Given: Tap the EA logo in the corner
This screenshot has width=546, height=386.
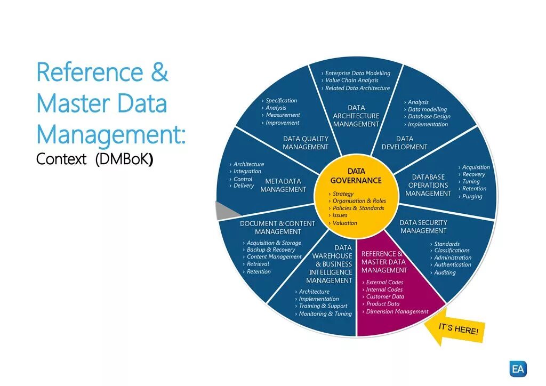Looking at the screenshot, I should coord(518,368).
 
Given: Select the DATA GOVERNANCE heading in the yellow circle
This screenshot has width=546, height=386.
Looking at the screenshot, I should coord(356,176).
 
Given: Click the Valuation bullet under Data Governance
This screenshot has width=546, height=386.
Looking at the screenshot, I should coord(345,223).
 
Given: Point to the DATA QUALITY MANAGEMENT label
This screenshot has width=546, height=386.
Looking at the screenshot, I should coord(306,143).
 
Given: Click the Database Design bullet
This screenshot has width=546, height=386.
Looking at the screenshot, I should coord(429,116).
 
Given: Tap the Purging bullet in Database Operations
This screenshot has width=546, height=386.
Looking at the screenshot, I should coord(472,196).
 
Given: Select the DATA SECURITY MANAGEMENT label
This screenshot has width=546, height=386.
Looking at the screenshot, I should coord(423,227).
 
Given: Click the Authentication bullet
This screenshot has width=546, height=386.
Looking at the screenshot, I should coord(452,264).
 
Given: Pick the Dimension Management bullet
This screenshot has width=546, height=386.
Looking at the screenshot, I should coord(397,311).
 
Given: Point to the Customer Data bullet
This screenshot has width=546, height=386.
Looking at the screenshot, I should coord(384,296).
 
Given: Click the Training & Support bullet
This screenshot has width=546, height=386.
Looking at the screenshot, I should coord(323,306).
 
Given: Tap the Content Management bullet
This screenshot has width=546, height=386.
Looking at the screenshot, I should coord(274,256).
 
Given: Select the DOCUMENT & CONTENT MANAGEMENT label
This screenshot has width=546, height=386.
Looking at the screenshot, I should coord(277,228).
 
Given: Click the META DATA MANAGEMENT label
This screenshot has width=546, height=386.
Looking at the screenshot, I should coord(283,186).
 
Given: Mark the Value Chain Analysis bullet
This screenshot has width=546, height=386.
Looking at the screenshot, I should coord(351,81).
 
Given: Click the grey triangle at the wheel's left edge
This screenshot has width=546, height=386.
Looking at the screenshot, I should coord(222,211).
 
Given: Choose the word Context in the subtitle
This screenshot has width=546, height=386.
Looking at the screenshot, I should coord(61,159).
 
